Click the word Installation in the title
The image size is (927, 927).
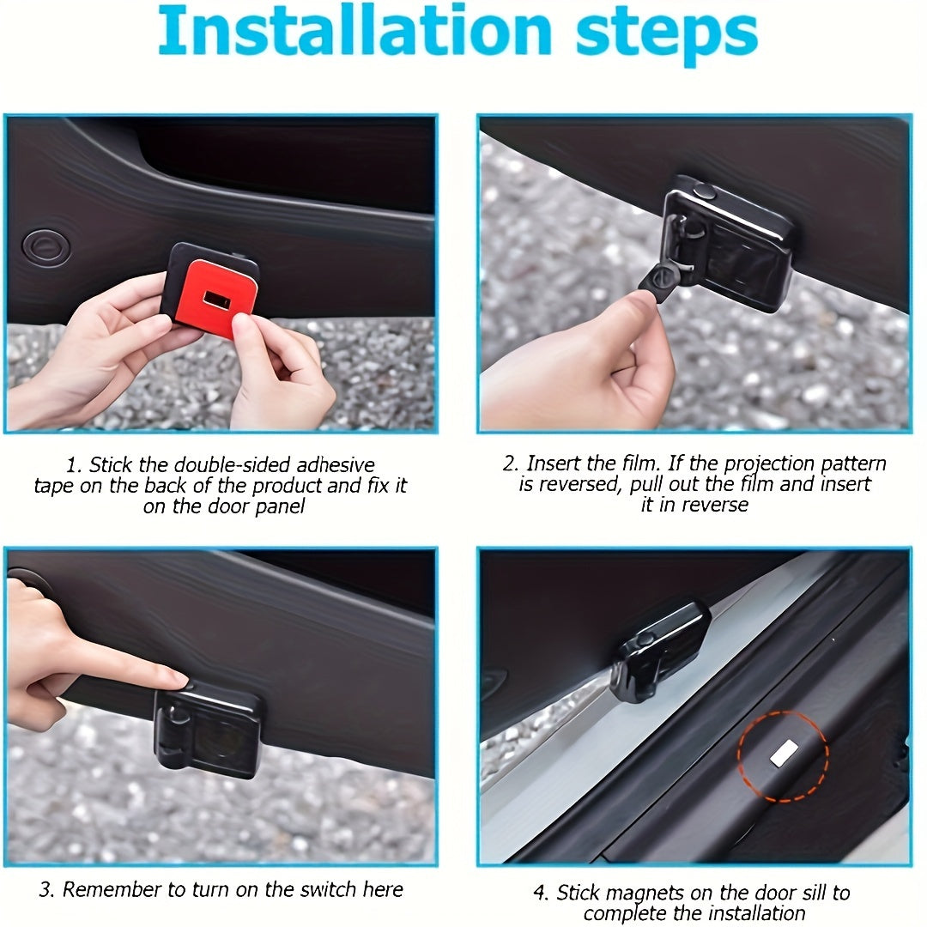point(354,31)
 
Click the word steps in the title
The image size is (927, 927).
point(666,34)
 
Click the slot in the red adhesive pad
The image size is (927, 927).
point(216,300)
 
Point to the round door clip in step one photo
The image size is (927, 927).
point(46,247)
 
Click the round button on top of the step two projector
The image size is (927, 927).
point(704,191)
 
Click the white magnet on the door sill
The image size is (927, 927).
point(784,753)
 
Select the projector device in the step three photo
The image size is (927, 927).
point(207,727)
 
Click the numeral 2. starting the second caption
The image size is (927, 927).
point(511,463)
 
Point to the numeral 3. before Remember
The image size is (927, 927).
point(47,889)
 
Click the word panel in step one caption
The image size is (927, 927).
point(280,506)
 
